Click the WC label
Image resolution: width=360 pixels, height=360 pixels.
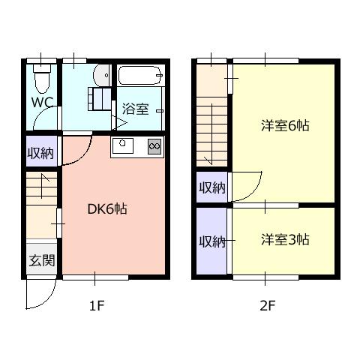coord(42,102)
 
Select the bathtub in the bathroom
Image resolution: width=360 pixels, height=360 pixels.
coord(140,75)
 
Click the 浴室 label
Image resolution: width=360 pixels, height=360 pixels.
coord(135,109)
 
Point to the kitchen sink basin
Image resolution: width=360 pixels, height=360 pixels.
coord(123,145)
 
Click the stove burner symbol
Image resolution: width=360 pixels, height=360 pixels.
coord(154,145)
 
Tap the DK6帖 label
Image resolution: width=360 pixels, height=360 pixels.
coord(107,209)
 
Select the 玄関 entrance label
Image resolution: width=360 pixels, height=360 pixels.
coord(42,260)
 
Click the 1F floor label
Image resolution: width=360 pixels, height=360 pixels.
coord(97,305)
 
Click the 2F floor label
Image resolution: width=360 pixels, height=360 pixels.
coord(268,305)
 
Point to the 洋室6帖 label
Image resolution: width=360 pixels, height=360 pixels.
coord(285,125)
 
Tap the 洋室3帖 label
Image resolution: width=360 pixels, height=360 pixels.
coord(285,239)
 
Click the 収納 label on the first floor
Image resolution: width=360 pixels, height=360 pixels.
coord(40,153)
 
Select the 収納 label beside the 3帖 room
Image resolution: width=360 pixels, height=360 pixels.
coord(212,241)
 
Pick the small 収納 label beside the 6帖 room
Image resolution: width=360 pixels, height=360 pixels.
coord(212,187)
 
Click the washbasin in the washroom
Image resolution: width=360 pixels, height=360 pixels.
coord(102,76)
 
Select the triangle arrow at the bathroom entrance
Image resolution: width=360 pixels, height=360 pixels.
coord(119,123)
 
